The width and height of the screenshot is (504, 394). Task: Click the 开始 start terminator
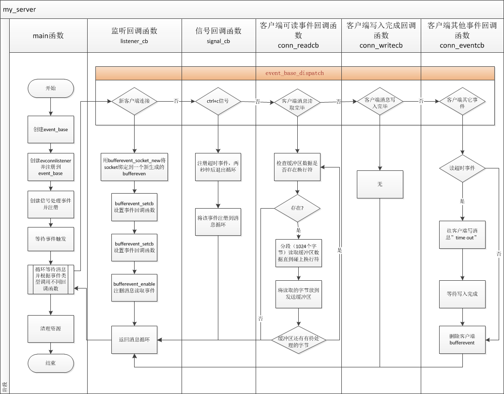[x=50, y=89]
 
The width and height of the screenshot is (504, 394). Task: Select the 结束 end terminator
[x=50, y=363]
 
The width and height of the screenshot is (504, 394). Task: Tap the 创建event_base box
[x=50, y=130]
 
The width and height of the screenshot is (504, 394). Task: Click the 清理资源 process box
[x=50, y=329]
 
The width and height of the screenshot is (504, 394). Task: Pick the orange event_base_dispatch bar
[x=294, y=73]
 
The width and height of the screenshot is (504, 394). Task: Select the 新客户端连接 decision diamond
[x=134, y=101]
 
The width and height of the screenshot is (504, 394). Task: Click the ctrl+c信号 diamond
[x=218, y=101]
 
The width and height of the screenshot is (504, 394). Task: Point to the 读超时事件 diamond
[x=462, y=168]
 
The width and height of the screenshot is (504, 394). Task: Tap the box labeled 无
[x=380, y=184]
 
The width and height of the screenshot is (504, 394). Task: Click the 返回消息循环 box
[x=134, y=340]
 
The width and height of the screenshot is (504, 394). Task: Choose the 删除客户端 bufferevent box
[x=462, y=340]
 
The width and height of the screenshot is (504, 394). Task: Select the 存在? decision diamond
[x=297, y=209]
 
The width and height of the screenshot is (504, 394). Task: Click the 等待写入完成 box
[x=462, y=294]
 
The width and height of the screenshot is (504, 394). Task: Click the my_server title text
[x=19, y=9]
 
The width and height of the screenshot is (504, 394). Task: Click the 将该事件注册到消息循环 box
[x=218, y=222]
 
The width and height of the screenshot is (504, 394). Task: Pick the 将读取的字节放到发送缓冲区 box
[x=297, y=294]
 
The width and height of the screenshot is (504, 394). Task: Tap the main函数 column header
[x=48, y=35]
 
